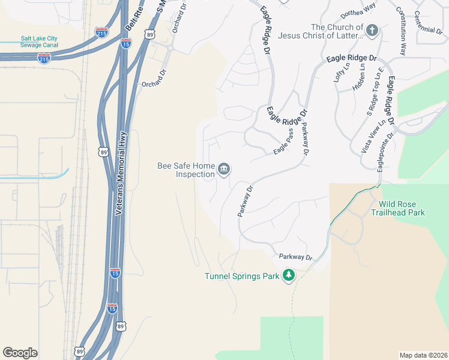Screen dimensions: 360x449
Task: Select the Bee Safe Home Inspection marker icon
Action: point(224,170)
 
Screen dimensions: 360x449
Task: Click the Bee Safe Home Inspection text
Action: point(185,170)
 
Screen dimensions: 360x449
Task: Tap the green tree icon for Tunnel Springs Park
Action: point(289,275)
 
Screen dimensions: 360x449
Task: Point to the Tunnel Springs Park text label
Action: point(242,276)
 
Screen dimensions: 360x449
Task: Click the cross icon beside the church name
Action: point(372,30)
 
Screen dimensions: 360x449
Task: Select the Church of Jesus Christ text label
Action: point(337,31)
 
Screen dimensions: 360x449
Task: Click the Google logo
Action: point(20,353)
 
